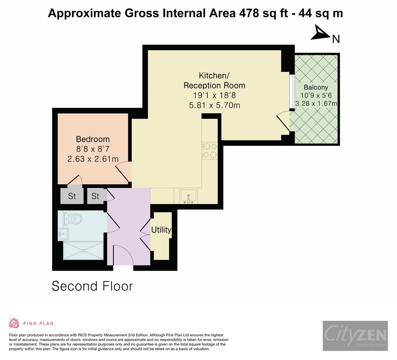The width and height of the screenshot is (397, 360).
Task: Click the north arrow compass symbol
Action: coord(320,33)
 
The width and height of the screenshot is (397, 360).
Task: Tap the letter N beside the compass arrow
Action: coord(336,39)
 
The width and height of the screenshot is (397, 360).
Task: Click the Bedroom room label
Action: coord(93,139)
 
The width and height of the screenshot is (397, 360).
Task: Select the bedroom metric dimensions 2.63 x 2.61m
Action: coord(93,159)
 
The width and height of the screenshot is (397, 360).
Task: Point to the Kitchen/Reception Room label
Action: coord(214,80)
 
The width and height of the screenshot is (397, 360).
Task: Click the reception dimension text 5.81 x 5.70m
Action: coord(214,105)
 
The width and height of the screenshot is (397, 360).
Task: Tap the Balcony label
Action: coord(316,87)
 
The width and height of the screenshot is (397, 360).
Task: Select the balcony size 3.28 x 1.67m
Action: coord(316,103)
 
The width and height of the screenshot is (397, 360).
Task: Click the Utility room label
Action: coord(161,230)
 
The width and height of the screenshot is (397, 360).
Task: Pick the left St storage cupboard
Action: coord(72,196)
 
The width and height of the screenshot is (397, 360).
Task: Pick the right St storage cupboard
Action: coord(95,196)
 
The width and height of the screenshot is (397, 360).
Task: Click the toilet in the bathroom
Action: coord(73,219)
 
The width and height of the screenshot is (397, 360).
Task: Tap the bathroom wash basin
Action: coord(63,233)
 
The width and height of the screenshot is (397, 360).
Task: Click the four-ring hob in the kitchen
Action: coord(209,150)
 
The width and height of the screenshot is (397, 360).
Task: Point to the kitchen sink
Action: coord(188,196)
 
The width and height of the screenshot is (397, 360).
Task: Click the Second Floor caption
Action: coord(92,286)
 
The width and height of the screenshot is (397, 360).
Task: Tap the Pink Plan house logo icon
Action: coord(14,323)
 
